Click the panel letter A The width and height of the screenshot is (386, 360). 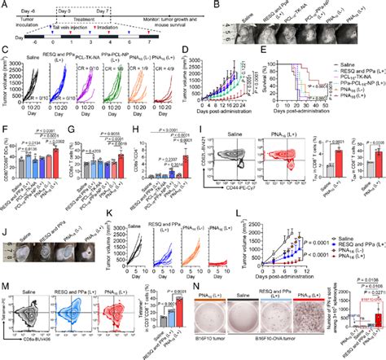coord(5,5)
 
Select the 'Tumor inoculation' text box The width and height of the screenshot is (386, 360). coord(23,20)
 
